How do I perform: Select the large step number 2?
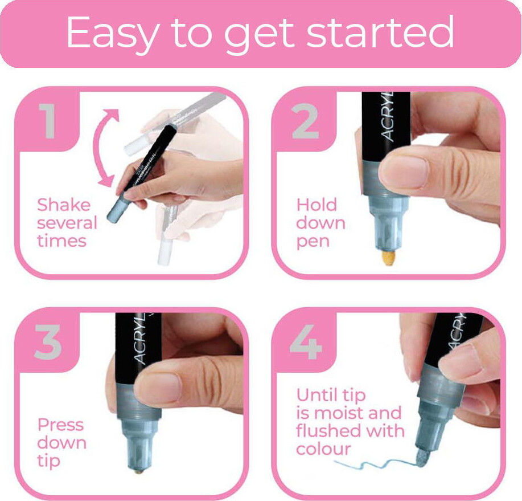coord(305,121)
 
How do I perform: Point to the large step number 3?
coord(48,342)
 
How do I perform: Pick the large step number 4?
coord(306,342)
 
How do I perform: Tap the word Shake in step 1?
coord(64,205)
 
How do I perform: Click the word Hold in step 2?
coord(317,205)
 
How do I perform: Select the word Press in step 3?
coord(60,425)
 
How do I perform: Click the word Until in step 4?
coord(316,396)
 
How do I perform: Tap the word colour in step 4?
coord(323,449)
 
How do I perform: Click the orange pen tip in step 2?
coord(388,258)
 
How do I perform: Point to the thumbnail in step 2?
coord(404,170)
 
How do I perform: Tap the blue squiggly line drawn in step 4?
coord(376,463)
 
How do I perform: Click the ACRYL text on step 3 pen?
coord(140,340)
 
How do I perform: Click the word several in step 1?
coord(67,223)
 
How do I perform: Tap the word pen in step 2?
coord(313,242)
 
